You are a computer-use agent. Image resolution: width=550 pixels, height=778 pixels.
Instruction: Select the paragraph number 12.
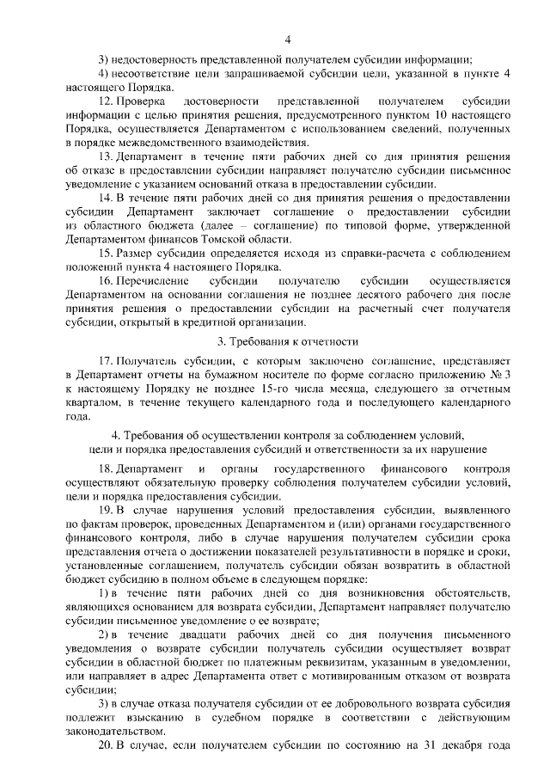(106, 101)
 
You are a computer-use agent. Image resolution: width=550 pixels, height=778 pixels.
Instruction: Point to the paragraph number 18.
(106, 469)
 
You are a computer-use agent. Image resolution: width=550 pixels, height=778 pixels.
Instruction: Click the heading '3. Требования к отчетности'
(288, 365)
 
